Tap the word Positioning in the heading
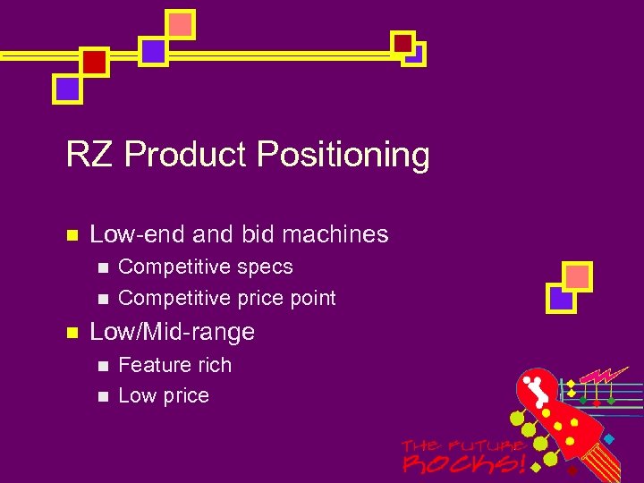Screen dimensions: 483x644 pyautogui.click(x=343, y=155)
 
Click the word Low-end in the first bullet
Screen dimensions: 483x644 pyautogui.click(x=138, y=234)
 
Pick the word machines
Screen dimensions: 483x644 pyautogui.click(x=335, y=234)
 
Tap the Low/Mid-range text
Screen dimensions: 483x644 pyautogui.click(x=173, y=332)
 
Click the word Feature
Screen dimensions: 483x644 pyautogui.click(x=152, y=365)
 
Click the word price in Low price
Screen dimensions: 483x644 pyautogui.click(x=186, y=396)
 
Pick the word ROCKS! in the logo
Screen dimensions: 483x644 pyautogui.click(x=462, y=464)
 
